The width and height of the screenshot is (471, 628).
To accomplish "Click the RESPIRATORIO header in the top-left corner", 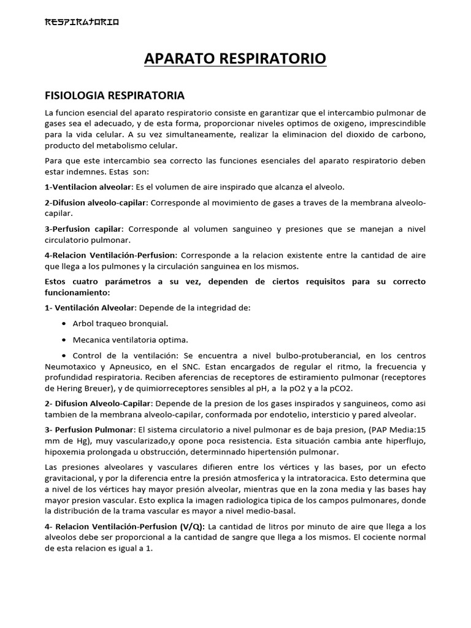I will [82, 23].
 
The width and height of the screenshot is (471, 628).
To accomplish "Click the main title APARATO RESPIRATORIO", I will [235, 59].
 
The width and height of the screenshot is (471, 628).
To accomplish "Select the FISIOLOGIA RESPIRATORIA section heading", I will [115, 96].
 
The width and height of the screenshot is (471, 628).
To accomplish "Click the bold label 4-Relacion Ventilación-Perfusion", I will [110, 255].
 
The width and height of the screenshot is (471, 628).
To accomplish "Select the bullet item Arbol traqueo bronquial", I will [120, 323].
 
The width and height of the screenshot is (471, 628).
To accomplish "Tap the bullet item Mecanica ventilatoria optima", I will [130, 339].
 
